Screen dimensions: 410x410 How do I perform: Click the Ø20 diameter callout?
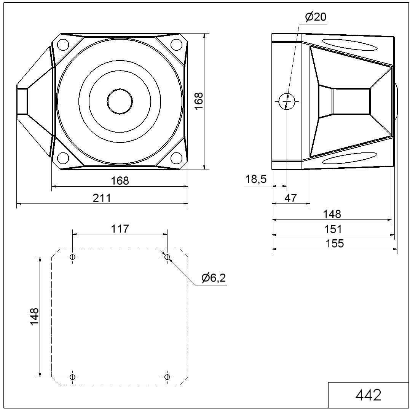(316, 17)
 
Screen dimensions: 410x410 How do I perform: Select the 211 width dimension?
(102, 198)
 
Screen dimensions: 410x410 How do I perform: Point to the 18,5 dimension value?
(256, 179)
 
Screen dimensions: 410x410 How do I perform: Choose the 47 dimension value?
(290, 198)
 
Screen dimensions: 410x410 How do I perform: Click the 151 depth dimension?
(333, 229)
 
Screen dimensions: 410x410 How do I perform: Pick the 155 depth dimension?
(335, 243)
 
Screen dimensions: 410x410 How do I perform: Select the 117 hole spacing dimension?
(120, 229)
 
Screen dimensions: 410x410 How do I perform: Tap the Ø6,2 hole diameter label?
(213, 278)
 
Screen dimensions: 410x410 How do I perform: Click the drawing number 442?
(368, 395)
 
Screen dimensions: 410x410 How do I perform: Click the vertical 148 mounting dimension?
(35, 317)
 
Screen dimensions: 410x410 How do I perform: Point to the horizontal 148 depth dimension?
(332, 214)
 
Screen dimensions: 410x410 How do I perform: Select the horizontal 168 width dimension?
(120, 181)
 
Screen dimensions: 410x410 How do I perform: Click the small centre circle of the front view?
(120, 101)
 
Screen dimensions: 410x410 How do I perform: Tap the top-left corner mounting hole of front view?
(63, 45)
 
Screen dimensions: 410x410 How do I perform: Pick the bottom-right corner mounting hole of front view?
(177, 158)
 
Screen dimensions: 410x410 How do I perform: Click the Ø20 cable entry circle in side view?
(287, 101)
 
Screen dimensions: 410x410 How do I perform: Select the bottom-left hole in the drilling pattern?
(73, 377)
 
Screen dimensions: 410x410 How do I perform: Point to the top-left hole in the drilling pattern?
(73, 257)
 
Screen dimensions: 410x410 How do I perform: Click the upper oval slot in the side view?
(349, 45)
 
